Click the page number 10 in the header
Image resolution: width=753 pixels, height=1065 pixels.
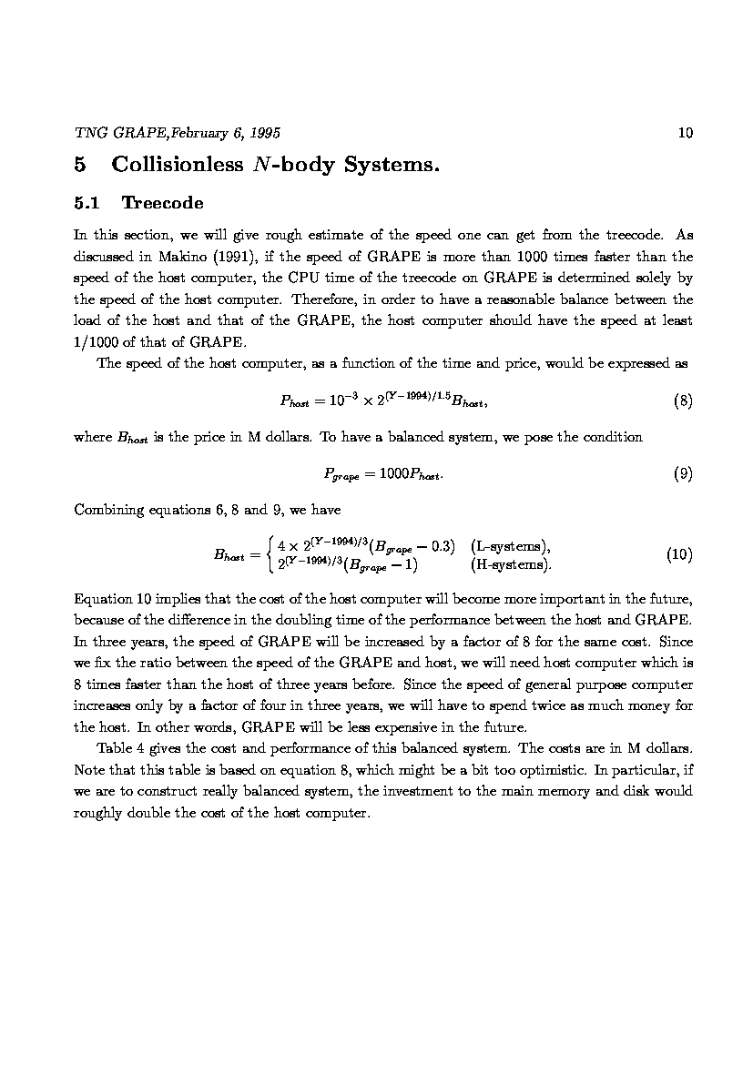pyautogui.click(x=686, y=133)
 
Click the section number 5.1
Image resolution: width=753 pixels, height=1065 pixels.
pyautogui.click(x=90, y=202)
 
